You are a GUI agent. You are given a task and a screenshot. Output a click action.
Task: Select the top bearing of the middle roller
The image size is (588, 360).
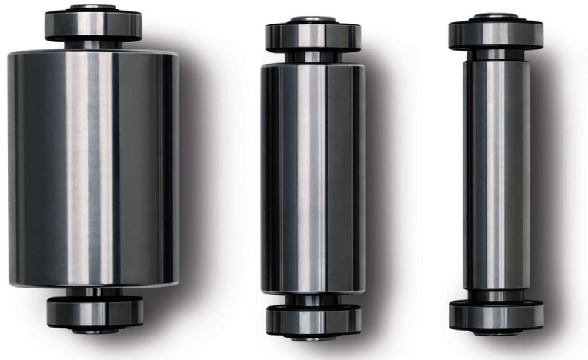[x=313, y=36]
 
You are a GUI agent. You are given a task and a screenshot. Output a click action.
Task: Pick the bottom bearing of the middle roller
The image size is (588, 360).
[x=313, y=320]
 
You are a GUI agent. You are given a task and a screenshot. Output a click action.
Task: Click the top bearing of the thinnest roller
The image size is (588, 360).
[x=496, y=34]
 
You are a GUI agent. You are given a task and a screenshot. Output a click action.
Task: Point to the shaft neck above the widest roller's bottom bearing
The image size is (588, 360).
[x=94, y=292]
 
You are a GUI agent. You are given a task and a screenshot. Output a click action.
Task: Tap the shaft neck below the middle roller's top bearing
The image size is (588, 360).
[x=312, y=57]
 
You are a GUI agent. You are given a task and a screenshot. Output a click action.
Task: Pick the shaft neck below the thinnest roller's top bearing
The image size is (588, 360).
[x=496, y=55]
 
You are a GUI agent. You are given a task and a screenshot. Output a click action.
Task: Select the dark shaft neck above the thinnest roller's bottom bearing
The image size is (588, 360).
[x=496, y=295]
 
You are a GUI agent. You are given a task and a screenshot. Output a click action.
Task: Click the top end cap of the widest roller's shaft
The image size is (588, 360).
[x=93, y=7]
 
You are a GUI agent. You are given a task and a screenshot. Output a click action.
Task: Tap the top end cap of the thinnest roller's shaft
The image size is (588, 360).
[x=496, y=15]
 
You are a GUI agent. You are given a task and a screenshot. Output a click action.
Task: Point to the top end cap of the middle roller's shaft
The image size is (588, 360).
[x=313, y=19]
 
